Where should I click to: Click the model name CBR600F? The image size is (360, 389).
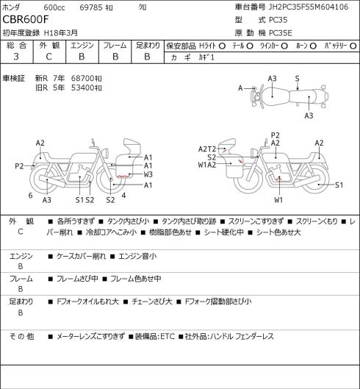26,19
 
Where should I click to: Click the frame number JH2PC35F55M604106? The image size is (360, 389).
309,7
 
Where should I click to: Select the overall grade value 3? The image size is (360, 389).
16,57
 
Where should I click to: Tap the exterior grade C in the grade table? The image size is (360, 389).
48,57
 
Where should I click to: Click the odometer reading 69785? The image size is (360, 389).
91,7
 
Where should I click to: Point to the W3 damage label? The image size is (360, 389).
148,174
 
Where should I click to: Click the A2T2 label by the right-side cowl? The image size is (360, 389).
207,149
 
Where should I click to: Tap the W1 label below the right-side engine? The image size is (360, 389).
278,200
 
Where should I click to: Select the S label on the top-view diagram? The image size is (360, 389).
298,79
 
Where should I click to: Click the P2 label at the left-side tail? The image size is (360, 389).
19,165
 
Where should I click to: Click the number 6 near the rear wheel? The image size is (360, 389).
31,196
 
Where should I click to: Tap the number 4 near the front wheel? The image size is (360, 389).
123,196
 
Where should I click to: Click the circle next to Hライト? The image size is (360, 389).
222,46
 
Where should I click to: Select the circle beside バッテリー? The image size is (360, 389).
353,46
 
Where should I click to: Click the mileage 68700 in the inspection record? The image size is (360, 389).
83,79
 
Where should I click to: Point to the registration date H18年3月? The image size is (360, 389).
61,33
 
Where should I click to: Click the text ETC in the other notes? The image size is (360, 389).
168,336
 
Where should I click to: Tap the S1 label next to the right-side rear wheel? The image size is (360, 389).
339,185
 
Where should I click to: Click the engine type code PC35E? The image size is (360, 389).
281,33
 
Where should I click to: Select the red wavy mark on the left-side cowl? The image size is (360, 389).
123,176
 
